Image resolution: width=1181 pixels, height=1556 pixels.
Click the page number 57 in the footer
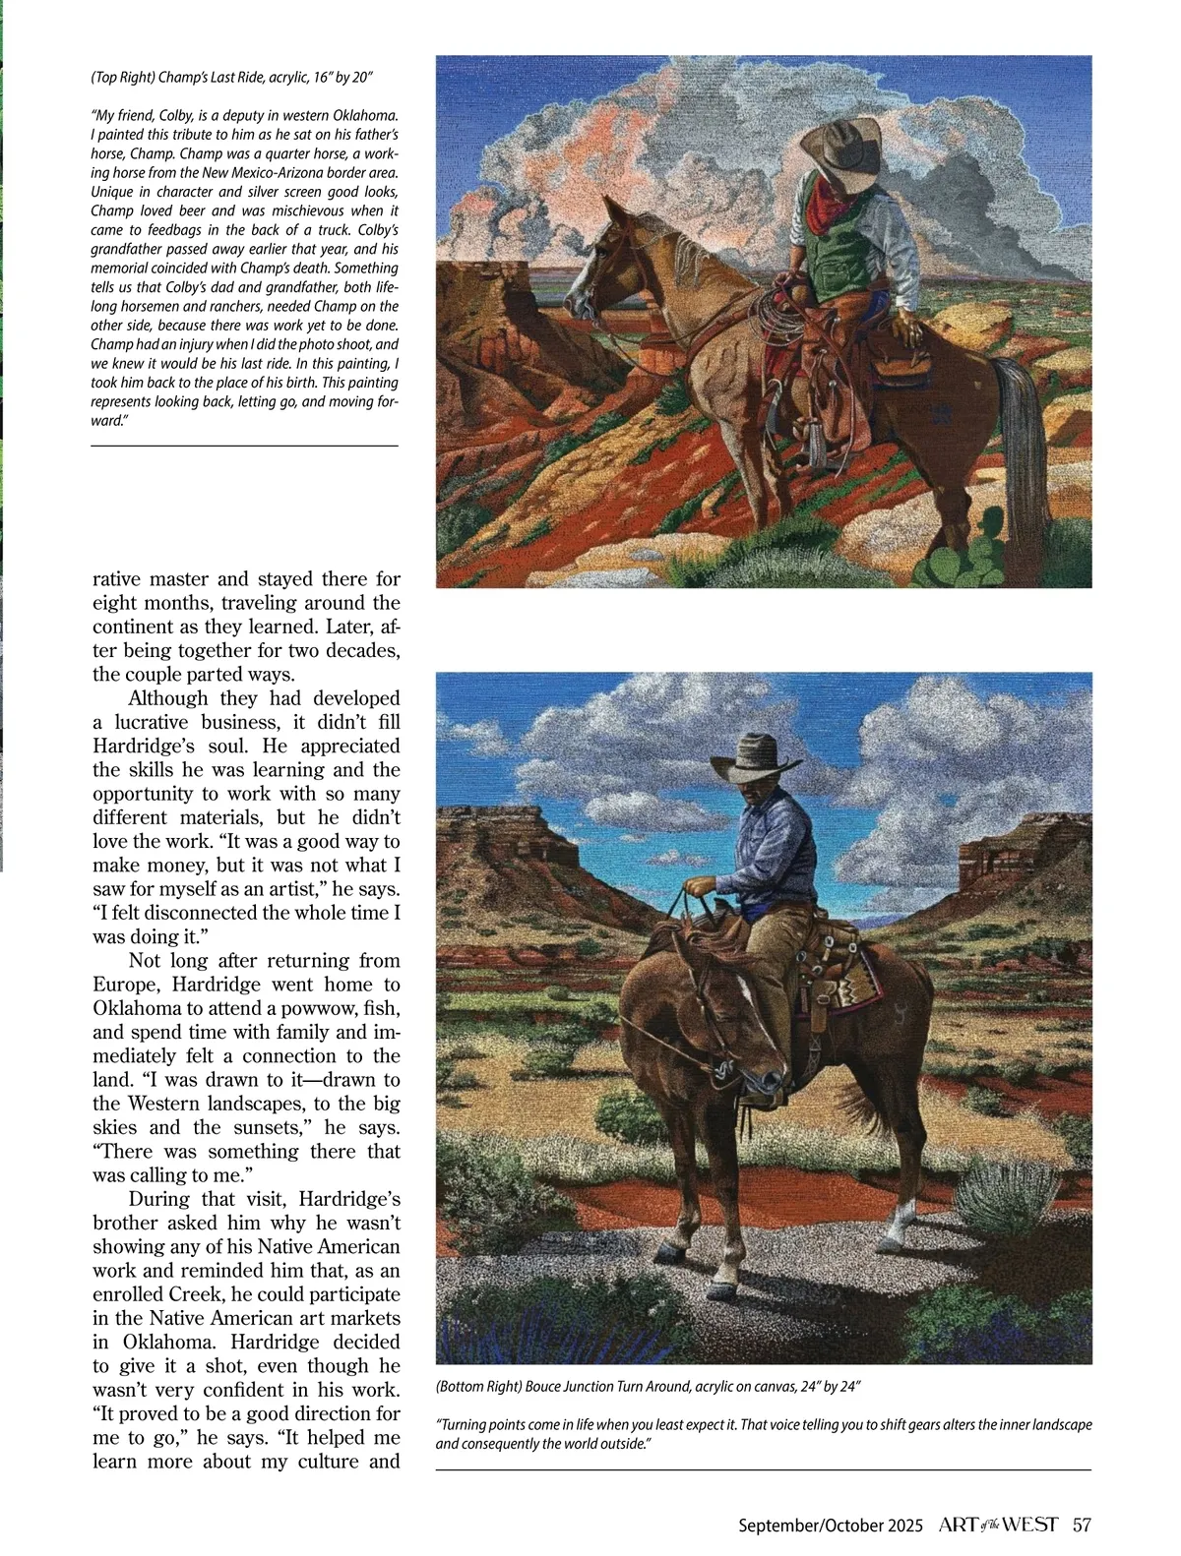1082,1525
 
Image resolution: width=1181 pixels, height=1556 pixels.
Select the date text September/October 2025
831,1526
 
